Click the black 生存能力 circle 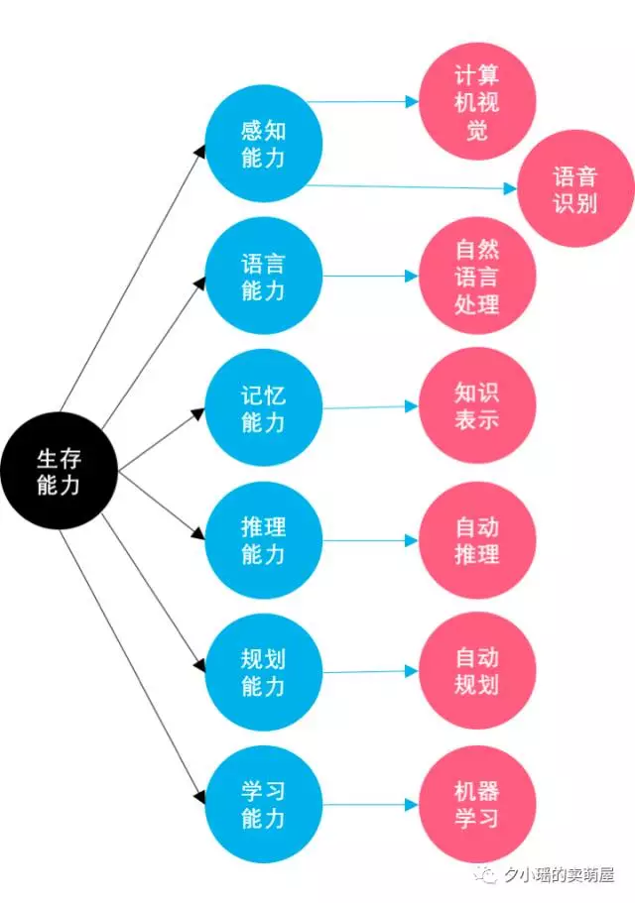pyautogui.click(x=59, y=472)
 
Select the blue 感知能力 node pyautogui.click(x=264, y=144)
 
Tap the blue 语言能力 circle pyautogui.click(x=264, y=277)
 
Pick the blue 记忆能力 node pyautogui.click(x=264, y=408)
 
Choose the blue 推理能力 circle pyautogui.click(x=264, y=540)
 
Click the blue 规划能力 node pyautogui.click(x=264, y=672)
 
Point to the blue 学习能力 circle pyautogui.click(x=264, y=805)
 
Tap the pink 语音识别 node pyautogui.click(x=575, y=189)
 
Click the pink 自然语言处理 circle pyautogui.click(x=477, y=277)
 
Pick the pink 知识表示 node pyautogui.click(x=477, y=405)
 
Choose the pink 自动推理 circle pyautogui.click(x=477, y=540)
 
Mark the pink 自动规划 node pyautogui.click(x=477, y=671)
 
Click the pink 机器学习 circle pyautogui.click(x=477, y=805)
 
